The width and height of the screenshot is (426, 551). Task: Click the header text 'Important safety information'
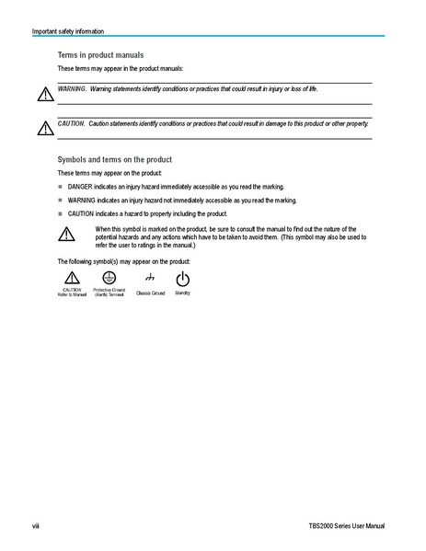click(68, 31)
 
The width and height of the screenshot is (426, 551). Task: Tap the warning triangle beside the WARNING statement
click(45, 95)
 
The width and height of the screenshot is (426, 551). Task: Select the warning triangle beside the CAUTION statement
click(45, 127)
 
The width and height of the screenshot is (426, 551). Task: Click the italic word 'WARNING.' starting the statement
click(72, 89)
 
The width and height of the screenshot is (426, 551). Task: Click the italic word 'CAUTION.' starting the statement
click(71, 122)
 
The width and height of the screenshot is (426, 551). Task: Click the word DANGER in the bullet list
click(80, 186)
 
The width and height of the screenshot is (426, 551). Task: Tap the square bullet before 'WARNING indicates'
click(61, 200)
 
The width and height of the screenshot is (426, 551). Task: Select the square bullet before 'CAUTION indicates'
click(61, 213)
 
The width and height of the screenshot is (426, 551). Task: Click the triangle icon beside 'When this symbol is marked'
click(65, 234)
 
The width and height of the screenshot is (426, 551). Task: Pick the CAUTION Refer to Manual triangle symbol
click(72, 278)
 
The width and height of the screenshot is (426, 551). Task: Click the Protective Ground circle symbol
click(108, 277)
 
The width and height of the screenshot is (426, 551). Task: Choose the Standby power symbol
click(182, 278)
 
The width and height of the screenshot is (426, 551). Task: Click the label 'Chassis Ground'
click(150, 293)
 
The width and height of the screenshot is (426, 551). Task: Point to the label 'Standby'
click(182, 293)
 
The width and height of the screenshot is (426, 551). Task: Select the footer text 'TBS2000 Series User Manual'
click(347, 525)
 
